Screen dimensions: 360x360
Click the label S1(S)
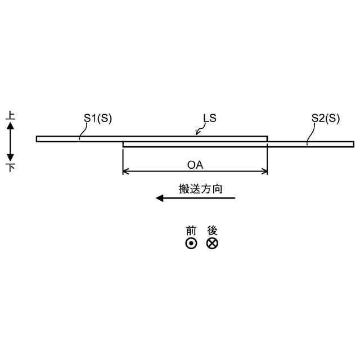click(x=98, y=118)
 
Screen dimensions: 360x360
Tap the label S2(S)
click(x=326, y=118)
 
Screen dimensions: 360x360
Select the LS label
click(x=209, y=118)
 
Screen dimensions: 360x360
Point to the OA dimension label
click(x=195, y=165)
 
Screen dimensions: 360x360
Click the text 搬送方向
click(x=200, y=189)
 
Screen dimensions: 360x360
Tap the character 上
click(x=11, y=116)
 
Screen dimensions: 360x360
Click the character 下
click(x=11, y=167)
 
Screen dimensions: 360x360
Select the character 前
click(x=191, y=231)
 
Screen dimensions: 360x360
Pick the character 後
click(x=212, y=231)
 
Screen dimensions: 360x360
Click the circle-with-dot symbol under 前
click(x=191, y=244)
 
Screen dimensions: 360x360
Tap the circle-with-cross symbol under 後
click(x=212, y=244)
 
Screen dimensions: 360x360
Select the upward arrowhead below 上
click(x=11, y=127)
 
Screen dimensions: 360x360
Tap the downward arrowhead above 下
click(x=11, y=157)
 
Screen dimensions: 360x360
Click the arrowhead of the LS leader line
click(x=197, y=133)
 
